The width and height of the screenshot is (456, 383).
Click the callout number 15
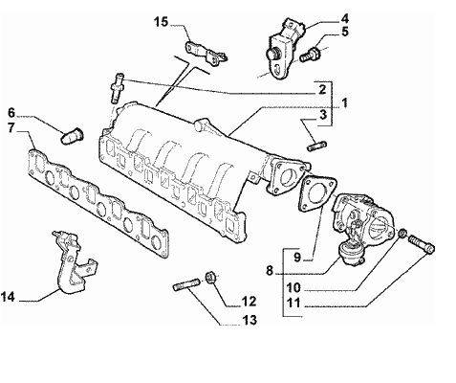point(161,22)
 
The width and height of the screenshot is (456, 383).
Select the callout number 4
point(344,18)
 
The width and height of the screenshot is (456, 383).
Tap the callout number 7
point(11,128)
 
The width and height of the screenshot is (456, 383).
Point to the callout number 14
point(8,297)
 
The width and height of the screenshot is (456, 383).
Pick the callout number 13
point(250,320)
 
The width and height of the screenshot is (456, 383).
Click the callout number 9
point(297,257)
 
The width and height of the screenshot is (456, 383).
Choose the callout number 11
point(293,303)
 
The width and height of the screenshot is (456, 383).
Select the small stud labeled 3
point(317,146)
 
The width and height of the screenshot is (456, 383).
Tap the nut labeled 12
point(210,277)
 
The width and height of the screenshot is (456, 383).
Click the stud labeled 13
point(186,284)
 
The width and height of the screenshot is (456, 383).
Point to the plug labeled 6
point(72,136)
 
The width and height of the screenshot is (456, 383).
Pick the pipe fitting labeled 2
point(118,87)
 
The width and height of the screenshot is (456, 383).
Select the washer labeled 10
point(402,234)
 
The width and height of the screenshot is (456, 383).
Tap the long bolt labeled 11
point(421,243)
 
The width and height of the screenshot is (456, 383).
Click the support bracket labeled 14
point(73,262)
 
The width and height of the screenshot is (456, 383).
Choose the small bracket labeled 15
point(206,53)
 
